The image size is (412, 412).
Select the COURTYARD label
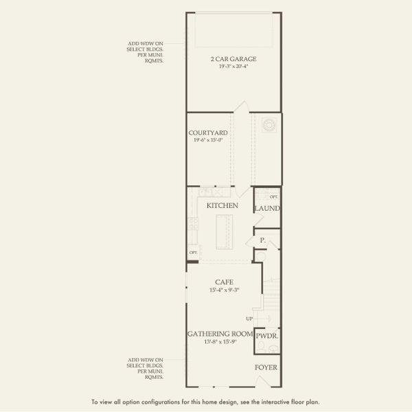click(208, 133)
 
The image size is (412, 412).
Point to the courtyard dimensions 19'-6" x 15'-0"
click(208, 140)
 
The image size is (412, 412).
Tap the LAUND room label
click(266, 209)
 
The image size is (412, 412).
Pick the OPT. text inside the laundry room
click(273, 197)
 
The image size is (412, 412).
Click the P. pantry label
click(262, 240)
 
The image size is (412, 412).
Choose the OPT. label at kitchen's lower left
click(193, 253)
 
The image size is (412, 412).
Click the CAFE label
click(223, 282)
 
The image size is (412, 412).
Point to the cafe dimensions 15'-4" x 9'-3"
click(223, 290)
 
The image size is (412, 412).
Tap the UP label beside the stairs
click(249, 319)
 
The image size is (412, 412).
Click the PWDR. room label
click(266, 336)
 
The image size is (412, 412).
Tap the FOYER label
click(266, 367)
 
